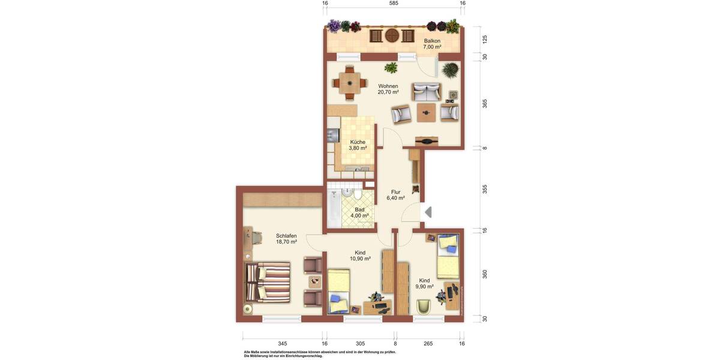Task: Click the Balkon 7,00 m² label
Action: tap(432, 44)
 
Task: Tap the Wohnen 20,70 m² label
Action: tap(388, 89)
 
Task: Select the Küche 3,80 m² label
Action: tap(358, 145)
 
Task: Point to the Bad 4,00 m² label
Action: tap(359, 212)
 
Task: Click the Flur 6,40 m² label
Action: tap(395, 195)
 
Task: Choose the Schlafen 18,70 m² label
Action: tap(286, 239)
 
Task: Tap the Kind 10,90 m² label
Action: tap(360, 256)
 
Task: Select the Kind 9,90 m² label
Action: tap(424, 283)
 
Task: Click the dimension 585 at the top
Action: tap(394, 4)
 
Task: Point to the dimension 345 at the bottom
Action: tap(282, 344)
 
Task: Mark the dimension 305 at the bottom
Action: tap(360, 344)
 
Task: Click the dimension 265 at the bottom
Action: tap(428, 344)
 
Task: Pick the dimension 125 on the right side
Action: tap(485, 39)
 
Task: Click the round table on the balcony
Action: tap(392, 35)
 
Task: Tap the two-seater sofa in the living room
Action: tap(426, 92)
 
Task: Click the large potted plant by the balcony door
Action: tap(449, 70)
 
